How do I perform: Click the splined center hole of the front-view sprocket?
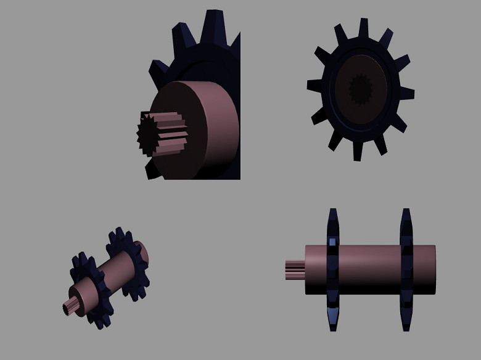(x=360, y=89)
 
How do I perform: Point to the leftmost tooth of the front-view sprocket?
(x=315, y=86)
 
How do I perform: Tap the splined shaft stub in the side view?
(x=295, y=269)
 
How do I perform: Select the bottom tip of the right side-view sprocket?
(x=406, y=327)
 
